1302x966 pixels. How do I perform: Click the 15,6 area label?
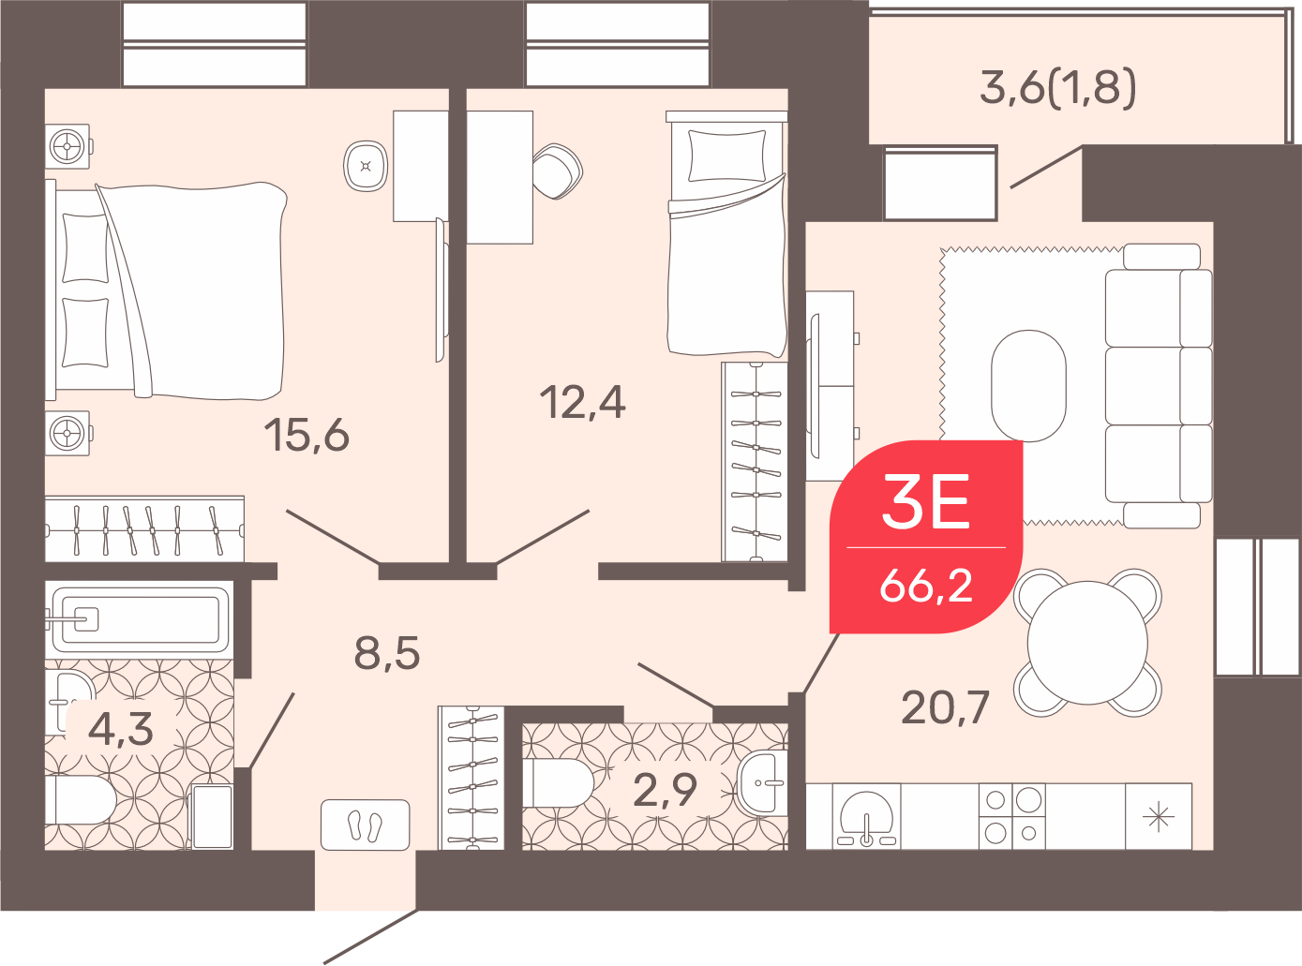coord(307,435)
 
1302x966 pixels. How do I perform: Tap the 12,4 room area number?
coord(582,403)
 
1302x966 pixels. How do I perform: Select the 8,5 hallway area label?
coord(387,653)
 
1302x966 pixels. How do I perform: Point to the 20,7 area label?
coord(945,707)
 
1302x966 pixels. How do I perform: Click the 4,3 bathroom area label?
coord(121,729)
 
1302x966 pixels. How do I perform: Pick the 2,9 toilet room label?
coord(666,790)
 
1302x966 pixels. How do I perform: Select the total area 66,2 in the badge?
coord(926,585)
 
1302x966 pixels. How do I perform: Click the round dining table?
coord(1087,643)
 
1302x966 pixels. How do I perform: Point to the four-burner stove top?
coord(1012,816)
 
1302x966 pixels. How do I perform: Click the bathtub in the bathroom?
coord(140,619)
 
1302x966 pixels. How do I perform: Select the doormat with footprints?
coord(366,825)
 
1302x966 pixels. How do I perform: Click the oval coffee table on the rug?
coord(1028,386)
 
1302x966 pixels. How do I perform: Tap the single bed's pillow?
coord(726,156)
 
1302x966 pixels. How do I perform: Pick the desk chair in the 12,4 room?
coord(558,171)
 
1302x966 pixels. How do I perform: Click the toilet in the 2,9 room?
coord(559,783)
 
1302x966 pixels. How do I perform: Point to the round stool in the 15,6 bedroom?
coord(366,166)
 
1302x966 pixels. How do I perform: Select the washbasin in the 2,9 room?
coord(762,783)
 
